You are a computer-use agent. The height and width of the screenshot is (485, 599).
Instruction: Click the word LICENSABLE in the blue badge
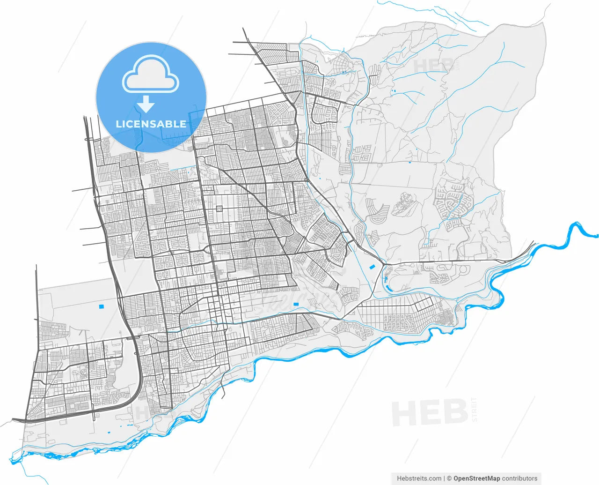click(151, 124)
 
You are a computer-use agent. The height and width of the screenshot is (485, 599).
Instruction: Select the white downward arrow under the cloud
click(146, 104)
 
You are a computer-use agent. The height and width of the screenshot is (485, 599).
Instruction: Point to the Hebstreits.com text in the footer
click(419, 478)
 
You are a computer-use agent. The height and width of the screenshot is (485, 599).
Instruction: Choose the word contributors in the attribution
click(519, 478)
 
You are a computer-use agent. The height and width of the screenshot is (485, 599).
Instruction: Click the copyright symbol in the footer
click(449, 478)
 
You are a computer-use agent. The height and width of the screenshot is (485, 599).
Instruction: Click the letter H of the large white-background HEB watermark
click(405, 413)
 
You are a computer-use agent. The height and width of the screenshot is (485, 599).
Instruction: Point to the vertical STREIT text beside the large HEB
click(475, 409)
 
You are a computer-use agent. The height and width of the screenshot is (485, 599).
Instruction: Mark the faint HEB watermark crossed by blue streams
click(433, 66)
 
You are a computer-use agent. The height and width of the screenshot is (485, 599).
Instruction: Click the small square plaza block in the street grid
click(219, 209)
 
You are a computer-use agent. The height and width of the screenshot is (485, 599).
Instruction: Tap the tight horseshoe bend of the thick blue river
click(574, 230)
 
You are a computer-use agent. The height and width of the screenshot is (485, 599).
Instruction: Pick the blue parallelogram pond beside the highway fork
click(373, 267)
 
